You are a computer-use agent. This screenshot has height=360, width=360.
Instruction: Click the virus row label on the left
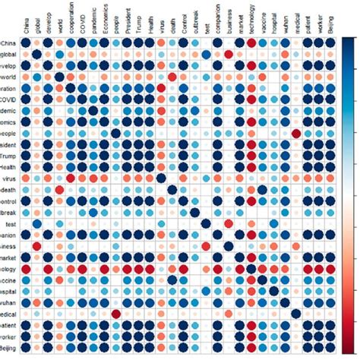(x=9, y=179)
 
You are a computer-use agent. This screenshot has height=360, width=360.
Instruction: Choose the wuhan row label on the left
(x=8, y=303)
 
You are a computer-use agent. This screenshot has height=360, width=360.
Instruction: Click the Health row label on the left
(x=8, y=168)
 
